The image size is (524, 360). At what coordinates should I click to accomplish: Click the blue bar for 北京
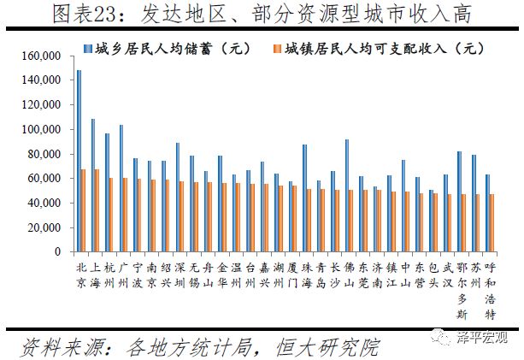[79, 162]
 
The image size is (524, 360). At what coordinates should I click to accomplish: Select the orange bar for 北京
[84, 210]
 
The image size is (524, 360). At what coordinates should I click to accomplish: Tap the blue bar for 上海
[93, 186]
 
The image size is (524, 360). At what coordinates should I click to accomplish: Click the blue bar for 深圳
[177, 198]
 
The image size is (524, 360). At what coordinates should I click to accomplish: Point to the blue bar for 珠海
[303, 198]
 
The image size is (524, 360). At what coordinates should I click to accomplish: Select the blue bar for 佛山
[346, 196]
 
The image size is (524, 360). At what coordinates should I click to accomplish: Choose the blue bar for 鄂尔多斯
[458, 202]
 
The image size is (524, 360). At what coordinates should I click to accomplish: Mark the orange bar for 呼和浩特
[491, 223]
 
